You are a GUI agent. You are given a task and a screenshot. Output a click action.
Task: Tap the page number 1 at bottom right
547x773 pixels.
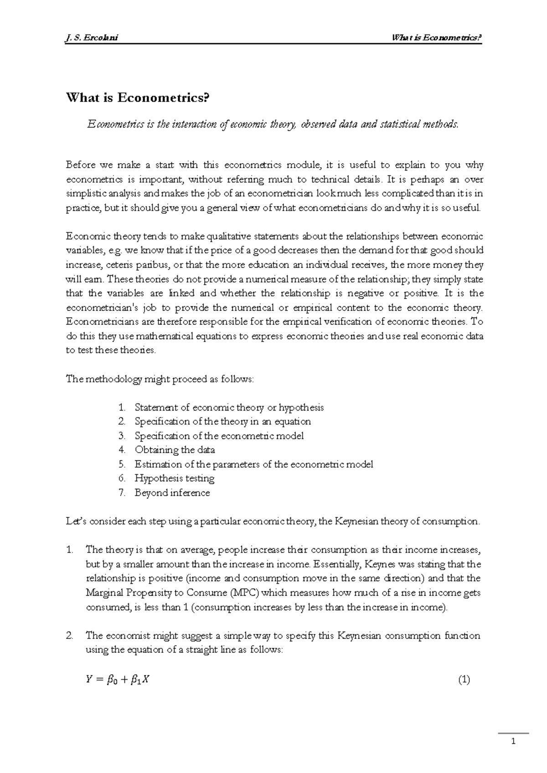514,742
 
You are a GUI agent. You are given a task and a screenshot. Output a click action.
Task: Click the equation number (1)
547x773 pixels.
464,680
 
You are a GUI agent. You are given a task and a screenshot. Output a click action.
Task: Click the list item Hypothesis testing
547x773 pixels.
175,478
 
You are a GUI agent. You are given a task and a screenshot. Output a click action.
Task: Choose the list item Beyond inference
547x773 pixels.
172,493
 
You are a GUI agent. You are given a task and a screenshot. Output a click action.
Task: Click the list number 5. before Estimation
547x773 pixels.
121,464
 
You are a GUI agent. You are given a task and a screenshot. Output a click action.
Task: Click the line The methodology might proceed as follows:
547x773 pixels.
160,379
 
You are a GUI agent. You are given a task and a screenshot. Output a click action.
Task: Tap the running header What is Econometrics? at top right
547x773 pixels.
437,38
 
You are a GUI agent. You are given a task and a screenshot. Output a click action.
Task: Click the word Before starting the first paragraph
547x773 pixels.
82,165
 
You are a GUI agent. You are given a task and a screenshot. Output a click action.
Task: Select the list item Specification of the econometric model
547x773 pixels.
219,436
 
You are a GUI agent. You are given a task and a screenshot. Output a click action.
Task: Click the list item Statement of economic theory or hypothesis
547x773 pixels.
229,407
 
